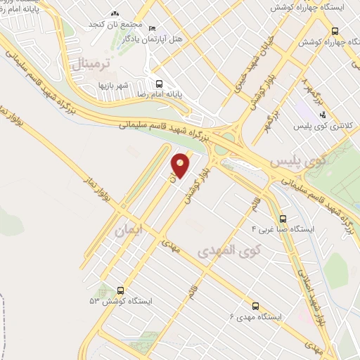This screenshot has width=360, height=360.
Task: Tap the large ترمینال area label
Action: tap(90, 65)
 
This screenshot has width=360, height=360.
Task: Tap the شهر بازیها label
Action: tap(133, 86)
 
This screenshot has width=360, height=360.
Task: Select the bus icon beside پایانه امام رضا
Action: tap(160, 83)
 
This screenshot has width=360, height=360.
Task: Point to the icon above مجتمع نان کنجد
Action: tap(115, 13)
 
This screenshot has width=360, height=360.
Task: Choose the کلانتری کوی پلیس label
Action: tap(323, 126)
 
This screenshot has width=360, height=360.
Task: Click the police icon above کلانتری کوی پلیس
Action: tap(323, 115)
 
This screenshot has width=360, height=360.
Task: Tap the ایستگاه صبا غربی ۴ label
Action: tap(283, 229)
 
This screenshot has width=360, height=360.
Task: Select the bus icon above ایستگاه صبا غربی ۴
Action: tap(283, 219)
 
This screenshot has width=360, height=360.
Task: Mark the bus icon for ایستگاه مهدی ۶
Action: tap(255, 306)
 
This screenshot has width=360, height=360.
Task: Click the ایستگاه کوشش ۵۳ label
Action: tap(121, 300)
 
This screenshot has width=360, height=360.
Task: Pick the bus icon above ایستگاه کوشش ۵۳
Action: tap(121, 290)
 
